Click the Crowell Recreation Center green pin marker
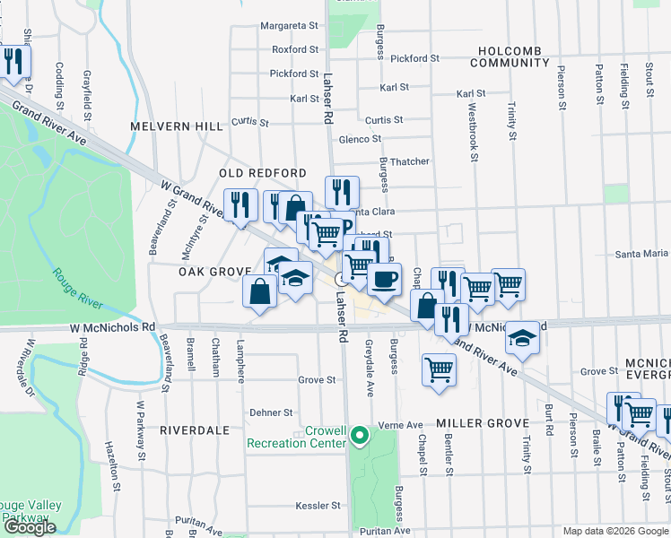coord(360,437)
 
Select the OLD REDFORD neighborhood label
coord(264,173)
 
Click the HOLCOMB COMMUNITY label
coord(514,56)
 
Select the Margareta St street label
coord(291,26)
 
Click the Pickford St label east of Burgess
coord(414,58)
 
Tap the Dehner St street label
coord(271,413)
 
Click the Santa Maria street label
coord(641,255)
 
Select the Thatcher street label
coord(408,161)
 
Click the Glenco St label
coord(360,139)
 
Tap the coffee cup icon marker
coord(384,279)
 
